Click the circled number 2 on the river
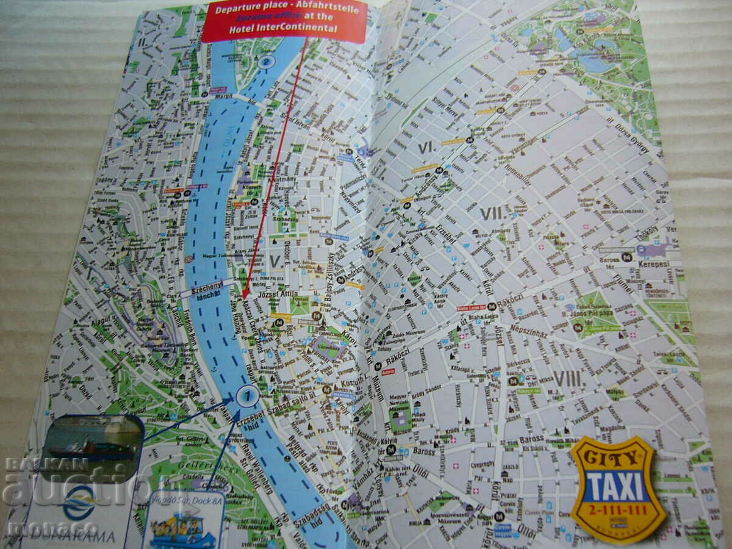pos(265,62)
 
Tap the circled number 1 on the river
pos(247,395)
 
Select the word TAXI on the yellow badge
pos(615,486)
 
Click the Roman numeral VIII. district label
pos(568,379)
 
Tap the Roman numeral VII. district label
pos(491,213)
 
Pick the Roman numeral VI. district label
pos(426,147)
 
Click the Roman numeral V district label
pos(275,260)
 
